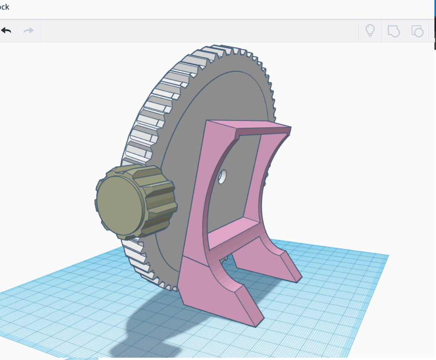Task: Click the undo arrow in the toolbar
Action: click(6, 31)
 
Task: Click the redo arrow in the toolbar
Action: click(29, 31)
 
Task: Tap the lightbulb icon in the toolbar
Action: click(370, 31)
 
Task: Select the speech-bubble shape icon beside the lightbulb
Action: click(393, 31)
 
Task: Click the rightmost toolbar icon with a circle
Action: click(417, 31)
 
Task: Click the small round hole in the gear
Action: click(222, 177)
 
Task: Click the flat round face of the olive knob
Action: click(119, 206)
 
